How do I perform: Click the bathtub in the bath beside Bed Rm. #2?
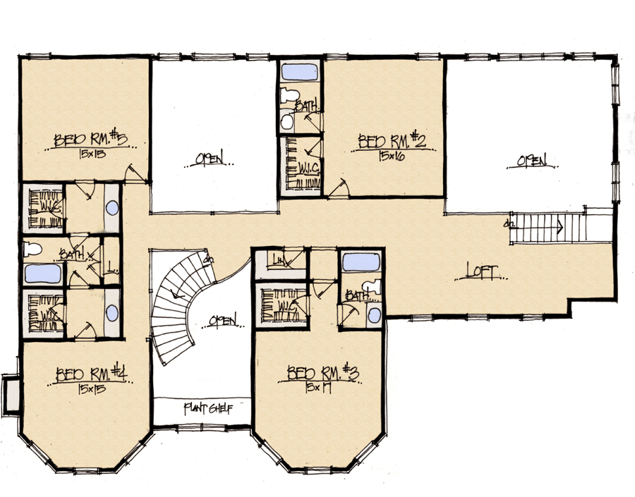[299, 72]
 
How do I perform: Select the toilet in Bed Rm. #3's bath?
[373, 288]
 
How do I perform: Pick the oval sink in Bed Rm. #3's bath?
[374, 314]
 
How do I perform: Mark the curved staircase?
[176, 310]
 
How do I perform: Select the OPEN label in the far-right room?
[533, 161]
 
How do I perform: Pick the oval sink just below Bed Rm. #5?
[112, 209]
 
